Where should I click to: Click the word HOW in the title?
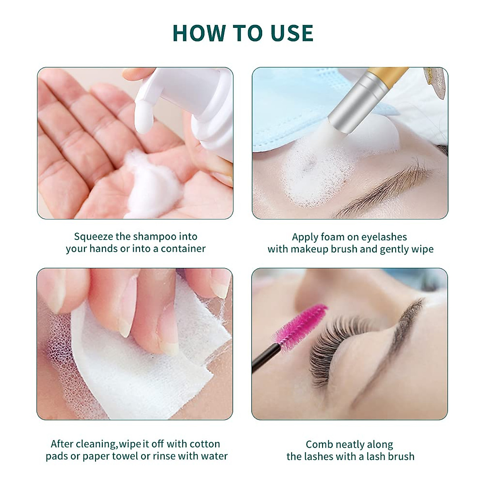tap(196, 33)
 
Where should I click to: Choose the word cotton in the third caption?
tap(204, 444)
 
